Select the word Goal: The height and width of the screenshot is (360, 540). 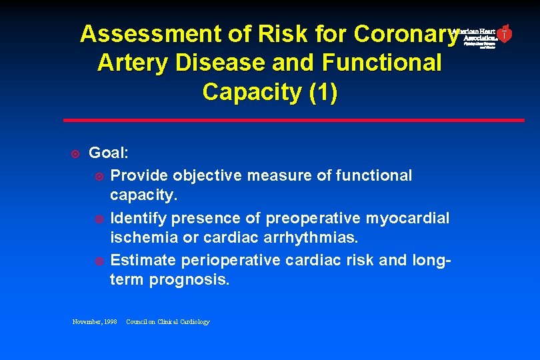click(x=109, y=153)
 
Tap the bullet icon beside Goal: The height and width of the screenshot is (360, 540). click(x=75, y=154)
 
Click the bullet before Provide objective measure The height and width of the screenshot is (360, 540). click(x=99, y=176)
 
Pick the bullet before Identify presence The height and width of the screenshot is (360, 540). click(x=99, y=219)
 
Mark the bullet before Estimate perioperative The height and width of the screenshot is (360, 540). click(x=99, y=261)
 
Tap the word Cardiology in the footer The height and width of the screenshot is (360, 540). click(x=193, y=322)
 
